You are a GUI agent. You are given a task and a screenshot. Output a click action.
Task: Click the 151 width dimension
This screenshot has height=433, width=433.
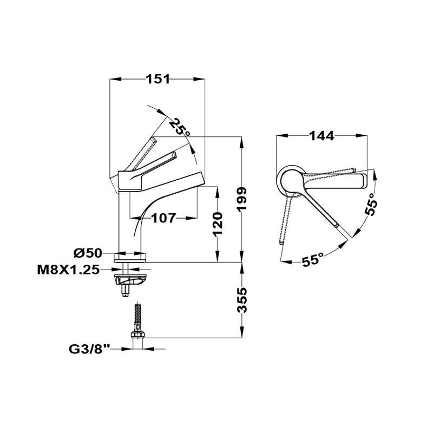point(158,79)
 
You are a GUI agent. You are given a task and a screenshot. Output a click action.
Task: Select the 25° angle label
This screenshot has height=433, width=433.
point(180,127)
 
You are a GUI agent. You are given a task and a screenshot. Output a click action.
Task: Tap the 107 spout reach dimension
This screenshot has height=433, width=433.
point(163,218)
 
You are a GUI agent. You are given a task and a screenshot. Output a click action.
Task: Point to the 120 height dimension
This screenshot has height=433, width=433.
point(218,224)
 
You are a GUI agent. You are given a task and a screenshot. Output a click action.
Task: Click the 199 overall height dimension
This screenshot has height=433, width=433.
point(242,199)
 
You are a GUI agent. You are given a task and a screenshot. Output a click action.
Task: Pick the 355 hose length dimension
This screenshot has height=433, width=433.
point(242,300)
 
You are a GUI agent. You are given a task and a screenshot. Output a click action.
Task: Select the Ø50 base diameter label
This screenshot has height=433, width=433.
point(88,253)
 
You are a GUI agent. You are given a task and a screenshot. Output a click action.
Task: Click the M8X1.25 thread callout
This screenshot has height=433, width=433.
point(68,270)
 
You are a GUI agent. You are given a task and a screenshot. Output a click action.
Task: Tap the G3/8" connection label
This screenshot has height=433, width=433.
point(89,349)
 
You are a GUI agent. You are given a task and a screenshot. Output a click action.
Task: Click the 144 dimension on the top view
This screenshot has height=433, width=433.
point(322,136)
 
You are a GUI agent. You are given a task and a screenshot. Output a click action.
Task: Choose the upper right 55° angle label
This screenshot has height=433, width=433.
point(371,204)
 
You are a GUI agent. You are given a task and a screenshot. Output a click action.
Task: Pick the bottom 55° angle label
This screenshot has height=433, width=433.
point(312,260)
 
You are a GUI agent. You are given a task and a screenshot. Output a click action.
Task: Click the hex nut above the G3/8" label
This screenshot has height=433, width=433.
point(138,334)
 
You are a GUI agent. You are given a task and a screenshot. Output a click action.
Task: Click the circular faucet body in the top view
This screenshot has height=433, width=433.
point(292,181)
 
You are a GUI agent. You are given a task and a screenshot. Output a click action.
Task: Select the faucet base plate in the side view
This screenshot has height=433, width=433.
point(130,258)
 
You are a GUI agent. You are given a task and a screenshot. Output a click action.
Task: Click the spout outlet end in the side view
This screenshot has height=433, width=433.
point(201,180)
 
